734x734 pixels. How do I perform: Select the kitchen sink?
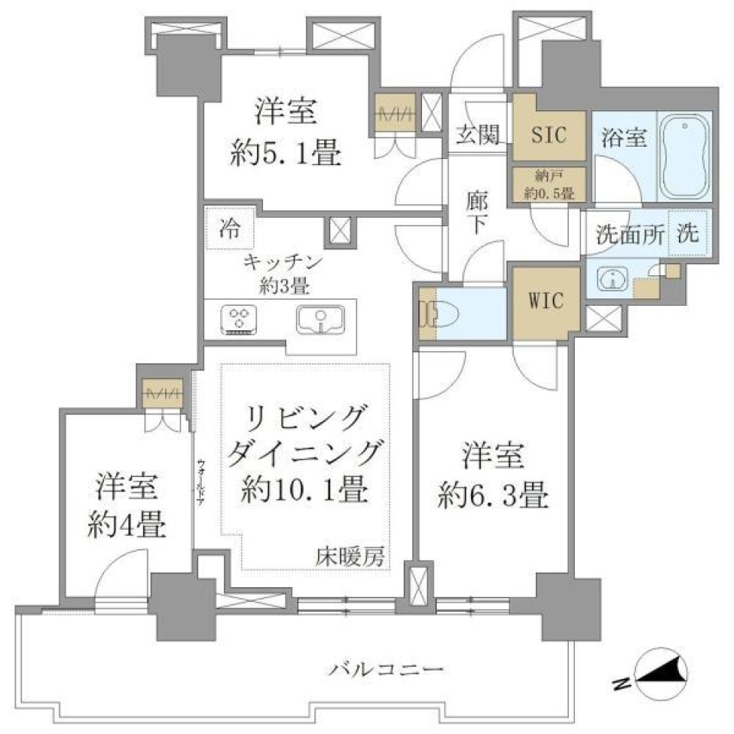(320, 320)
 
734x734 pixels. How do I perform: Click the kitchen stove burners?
(240, 320)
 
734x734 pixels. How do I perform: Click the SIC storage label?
(549, 135)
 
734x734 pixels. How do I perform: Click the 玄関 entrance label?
(479, 136)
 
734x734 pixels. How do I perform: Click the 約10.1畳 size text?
(304, 487)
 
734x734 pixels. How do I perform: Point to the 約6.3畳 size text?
(493, 497)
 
